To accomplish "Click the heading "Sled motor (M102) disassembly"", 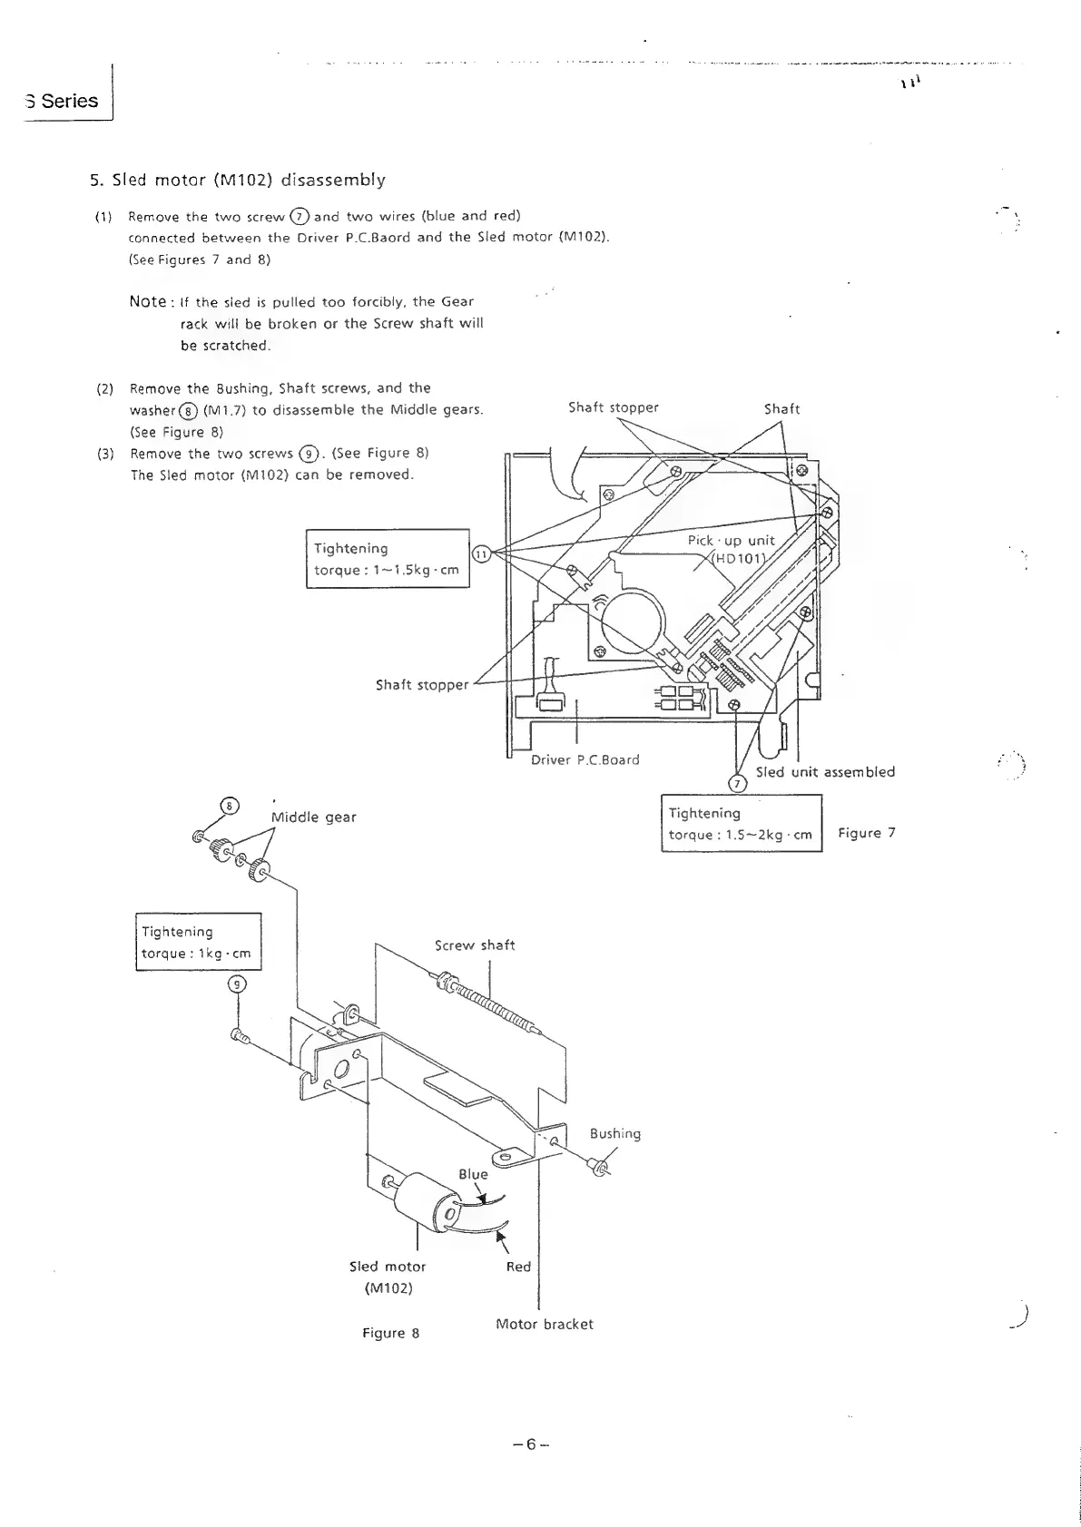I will point(237,180).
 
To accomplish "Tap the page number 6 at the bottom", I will point(531,1444).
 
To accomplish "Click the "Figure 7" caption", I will point(866,833).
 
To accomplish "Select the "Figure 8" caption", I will point(390,1333).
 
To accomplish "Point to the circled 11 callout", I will point(482,554).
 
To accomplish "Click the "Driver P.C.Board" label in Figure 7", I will point(585,759).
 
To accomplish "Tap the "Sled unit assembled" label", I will point(825,772).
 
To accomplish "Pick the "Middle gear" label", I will point(314,817).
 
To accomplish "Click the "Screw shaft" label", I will point(475,945).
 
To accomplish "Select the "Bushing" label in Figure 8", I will point(614,1133).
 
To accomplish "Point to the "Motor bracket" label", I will point(545,1324).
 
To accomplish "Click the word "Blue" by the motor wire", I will point(473,1174).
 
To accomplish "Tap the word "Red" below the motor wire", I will point(518,1266).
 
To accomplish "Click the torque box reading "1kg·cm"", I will point(198,942).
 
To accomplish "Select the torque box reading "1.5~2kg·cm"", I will point(741,824).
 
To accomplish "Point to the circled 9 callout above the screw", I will point(236,984).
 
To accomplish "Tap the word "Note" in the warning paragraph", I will point(148,301).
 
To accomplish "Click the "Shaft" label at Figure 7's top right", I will point(781,409).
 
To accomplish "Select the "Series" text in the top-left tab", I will point(69,101).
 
